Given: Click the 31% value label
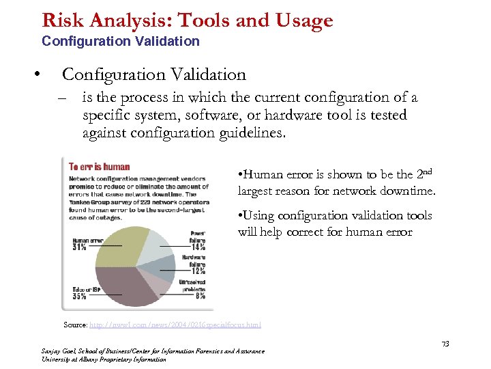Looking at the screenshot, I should pos(80,247).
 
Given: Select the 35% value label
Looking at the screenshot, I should pos(79,297).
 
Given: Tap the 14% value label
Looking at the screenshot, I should pos(197,248).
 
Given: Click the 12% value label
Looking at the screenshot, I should pos(197,271).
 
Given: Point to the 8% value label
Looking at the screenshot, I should pos(200,296).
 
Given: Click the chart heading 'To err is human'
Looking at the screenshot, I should pos(100,166).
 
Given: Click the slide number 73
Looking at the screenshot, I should pos(445,343).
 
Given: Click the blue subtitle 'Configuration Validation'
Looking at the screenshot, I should pos(121,41).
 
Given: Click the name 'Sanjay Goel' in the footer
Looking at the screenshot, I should pos(59,351).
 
